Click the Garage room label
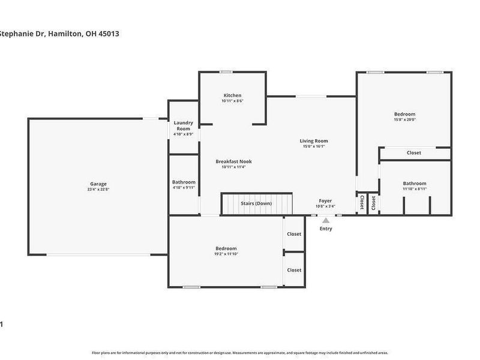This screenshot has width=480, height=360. pos(98,184)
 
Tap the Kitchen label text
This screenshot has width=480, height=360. pos(232,95)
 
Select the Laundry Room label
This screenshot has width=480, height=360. pos(183,125)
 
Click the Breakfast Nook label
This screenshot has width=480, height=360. pos(233,161)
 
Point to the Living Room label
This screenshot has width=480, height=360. pos(313,141)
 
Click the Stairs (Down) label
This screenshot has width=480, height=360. pos(256,203)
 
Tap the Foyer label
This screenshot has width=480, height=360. pos(325,201)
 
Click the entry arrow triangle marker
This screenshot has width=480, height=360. pos(326,220)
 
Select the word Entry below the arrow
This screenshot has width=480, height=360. pos(326,229)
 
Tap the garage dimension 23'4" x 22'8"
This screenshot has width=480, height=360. pos(98,190)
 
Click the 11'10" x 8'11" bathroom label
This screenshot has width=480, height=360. pos(415,189)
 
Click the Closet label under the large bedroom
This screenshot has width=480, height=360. pos(413,153)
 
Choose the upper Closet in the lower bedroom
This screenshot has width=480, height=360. pos(294,234)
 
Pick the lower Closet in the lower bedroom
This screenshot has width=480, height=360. pos(294,270)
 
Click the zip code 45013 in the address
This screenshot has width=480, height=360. pos(107,34)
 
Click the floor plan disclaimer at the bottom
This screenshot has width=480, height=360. pos(239,352)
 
